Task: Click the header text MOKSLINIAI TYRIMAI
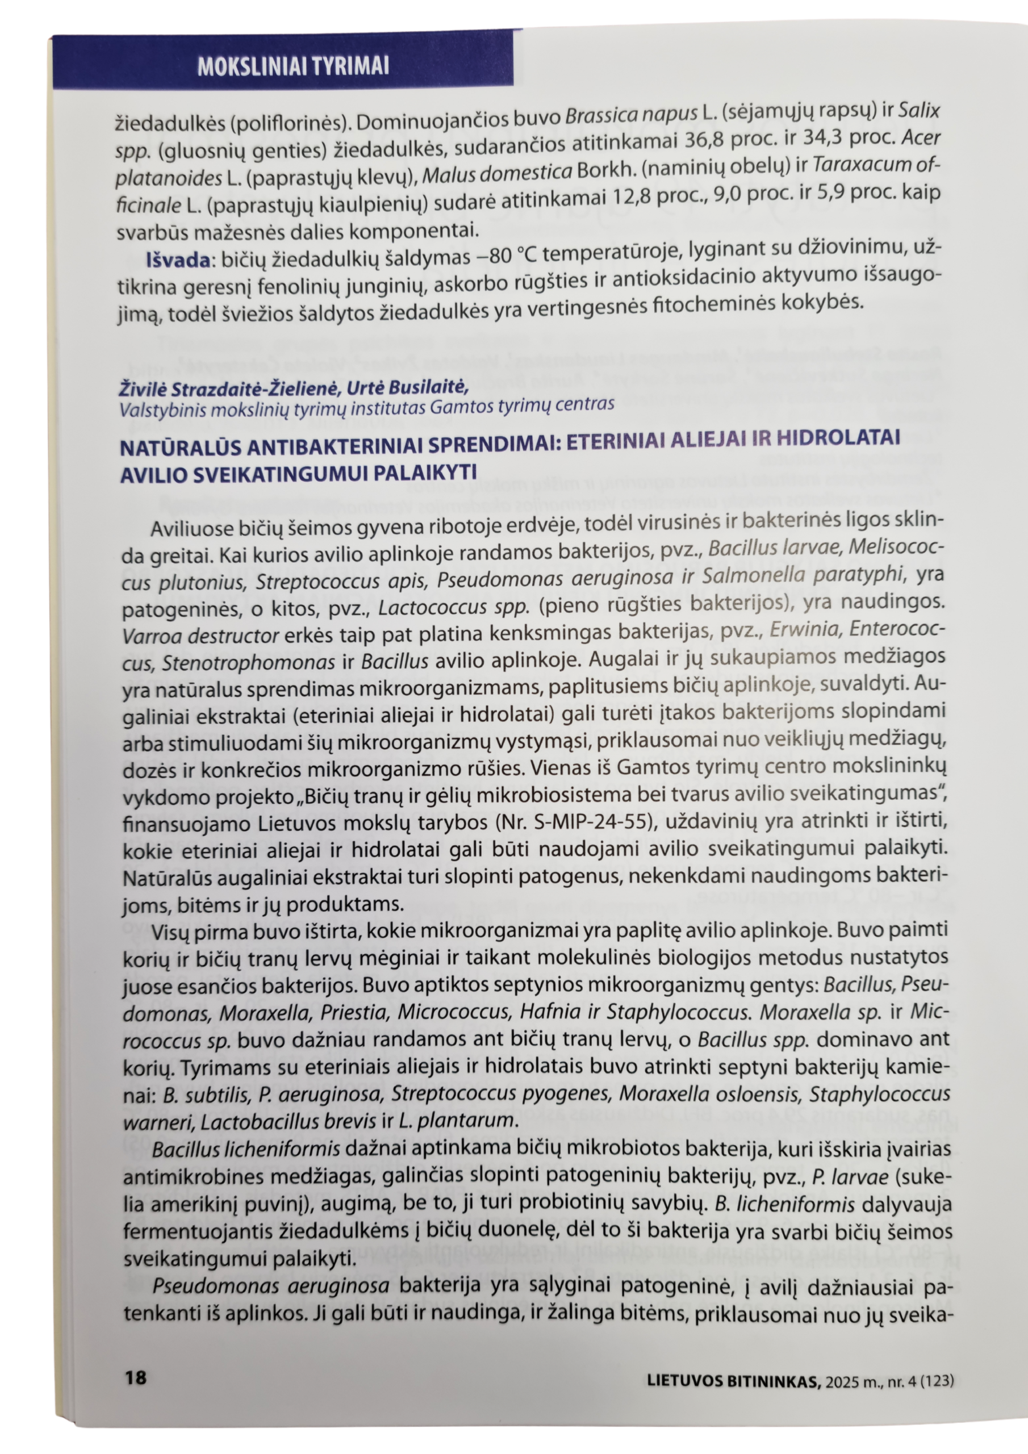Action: (x=292, y=66)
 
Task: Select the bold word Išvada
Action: (x=178, y=261)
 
